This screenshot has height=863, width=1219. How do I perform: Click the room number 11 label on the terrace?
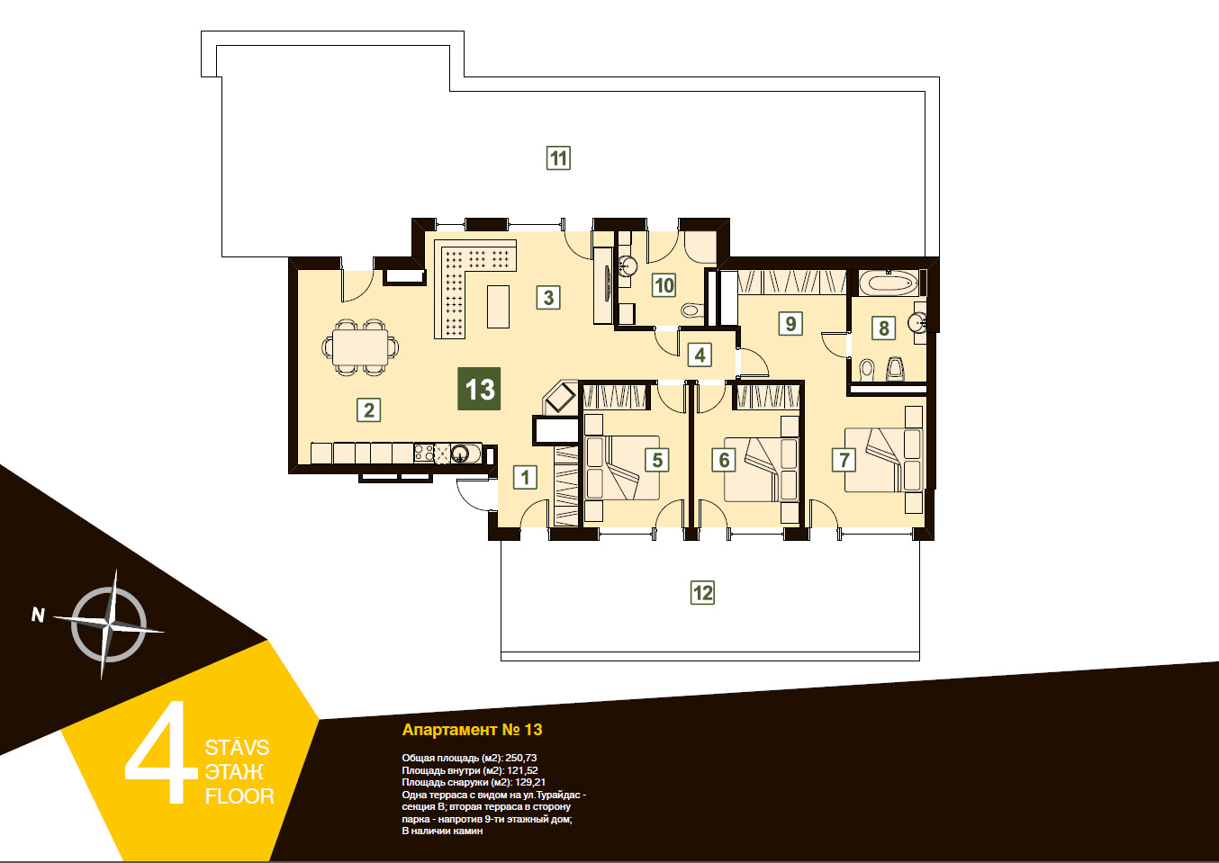pyautogui.click(x=558, y=158)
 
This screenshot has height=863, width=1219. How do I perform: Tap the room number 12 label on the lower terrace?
pyautogui.click(x=702, y=592)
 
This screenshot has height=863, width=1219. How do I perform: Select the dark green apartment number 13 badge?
pyautogui.click(x=479, y=389)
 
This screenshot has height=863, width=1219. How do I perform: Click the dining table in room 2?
pyautogui.click(x=361, y=347)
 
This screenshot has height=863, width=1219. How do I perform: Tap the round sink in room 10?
pyautogui.click(x=628, y=265)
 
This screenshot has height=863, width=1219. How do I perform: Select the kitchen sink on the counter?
pyautogui.click(x=460, y=453)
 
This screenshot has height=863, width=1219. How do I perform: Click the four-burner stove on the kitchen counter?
pyautogui.click(x=424, y=453)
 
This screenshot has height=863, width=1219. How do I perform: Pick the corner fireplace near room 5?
pyautogui.click(x=560, y=398)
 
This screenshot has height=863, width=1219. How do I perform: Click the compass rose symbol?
pyautogui.click(x=109, y=625)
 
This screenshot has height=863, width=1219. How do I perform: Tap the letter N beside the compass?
pyautogui.click(x=38, y=615)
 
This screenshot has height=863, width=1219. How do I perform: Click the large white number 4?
pyautogui.click(x=162, y=752)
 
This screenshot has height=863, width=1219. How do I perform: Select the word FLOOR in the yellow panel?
pyautogui.click(x=239, y=796)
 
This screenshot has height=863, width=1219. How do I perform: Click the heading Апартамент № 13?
pyautogui.click(x=472, y=730)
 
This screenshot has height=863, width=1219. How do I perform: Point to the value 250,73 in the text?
pyautogui.click(x=520, y=758)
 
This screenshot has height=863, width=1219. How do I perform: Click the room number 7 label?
pyautogui.click(x=844, y=460)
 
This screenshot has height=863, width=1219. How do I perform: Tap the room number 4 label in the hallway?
pyautogui.click(x=700, y=355)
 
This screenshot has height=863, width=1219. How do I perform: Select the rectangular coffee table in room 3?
pyautogui.click(x=498, y=307)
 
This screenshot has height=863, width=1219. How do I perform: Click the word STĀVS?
pyautogui.click(x=237, y=748)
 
